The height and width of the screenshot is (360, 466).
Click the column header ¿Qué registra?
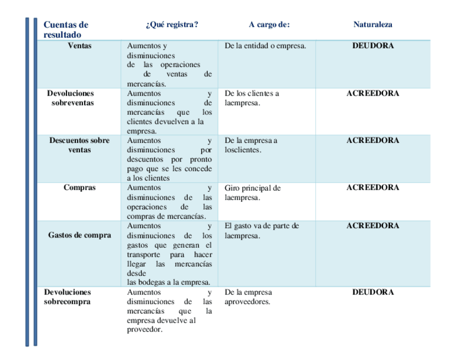(171, 25)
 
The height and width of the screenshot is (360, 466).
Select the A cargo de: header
(269, 25)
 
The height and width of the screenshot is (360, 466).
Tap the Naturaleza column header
(373, 25)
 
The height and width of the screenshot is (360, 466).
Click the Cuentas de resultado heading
(65, 30)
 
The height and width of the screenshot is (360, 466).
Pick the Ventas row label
(80, 46)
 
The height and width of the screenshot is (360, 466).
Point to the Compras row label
(80, 187)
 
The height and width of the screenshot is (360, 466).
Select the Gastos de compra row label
(80, 235)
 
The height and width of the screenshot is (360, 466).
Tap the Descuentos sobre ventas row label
(80, 145)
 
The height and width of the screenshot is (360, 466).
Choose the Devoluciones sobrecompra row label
(68, 297)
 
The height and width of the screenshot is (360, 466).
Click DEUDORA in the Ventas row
(373, 46)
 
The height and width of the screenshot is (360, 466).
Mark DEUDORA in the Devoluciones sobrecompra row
(373, 292)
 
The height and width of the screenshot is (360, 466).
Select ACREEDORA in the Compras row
(373, 187)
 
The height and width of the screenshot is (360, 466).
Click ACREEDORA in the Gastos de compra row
(373, 225)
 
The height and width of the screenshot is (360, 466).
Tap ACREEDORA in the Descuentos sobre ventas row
(373, 140)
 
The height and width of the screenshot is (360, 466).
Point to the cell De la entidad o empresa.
(265, 46)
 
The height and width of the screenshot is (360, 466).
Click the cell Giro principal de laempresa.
(252, 192)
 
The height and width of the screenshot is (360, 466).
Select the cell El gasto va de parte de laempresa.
(262, 230)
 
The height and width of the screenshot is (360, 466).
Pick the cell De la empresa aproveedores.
(248, 297)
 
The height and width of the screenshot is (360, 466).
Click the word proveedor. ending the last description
(145, 330)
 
